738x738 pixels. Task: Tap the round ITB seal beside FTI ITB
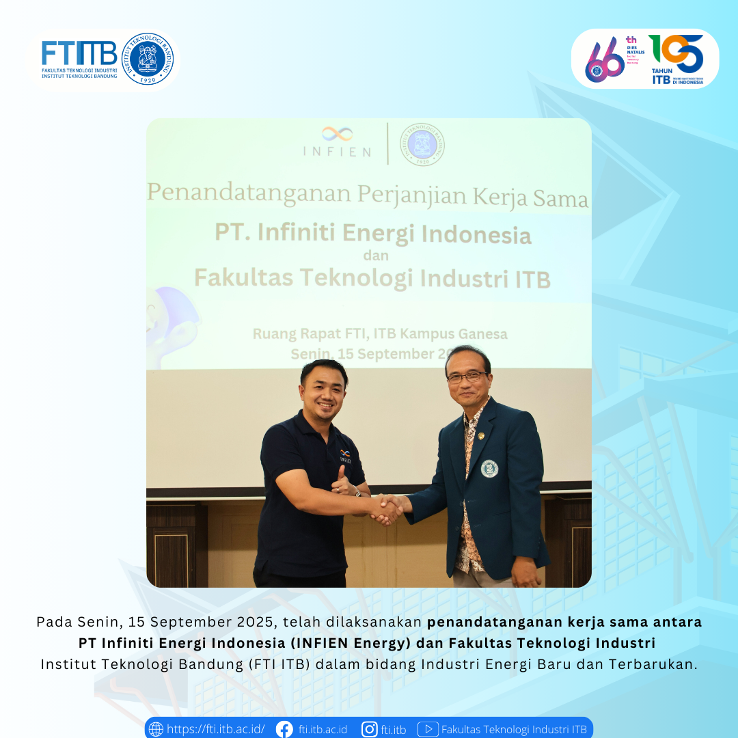click(148, 59)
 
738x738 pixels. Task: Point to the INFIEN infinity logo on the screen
click(338, 134)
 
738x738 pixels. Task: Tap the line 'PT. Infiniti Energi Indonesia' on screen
click(373, 234)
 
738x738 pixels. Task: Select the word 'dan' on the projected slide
click(375, 256)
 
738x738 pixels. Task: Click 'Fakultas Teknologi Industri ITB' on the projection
click(372, 279)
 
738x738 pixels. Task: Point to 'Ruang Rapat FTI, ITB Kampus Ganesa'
click(380, 334)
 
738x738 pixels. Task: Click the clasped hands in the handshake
click(387, 509)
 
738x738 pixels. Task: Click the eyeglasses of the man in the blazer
click(467, 377)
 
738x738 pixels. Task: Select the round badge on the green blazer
click(489, 468)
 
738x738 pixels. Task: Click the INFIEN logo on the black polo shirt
click(345, 456)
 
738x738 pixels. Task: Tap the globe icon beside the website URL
click(156, 729)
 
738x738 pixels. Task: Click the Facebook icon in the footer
click(284, 729)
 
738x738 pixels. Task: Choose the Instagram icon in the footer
click(370, 729)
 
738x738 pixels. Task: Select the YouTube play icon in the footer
click(428, 729)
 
